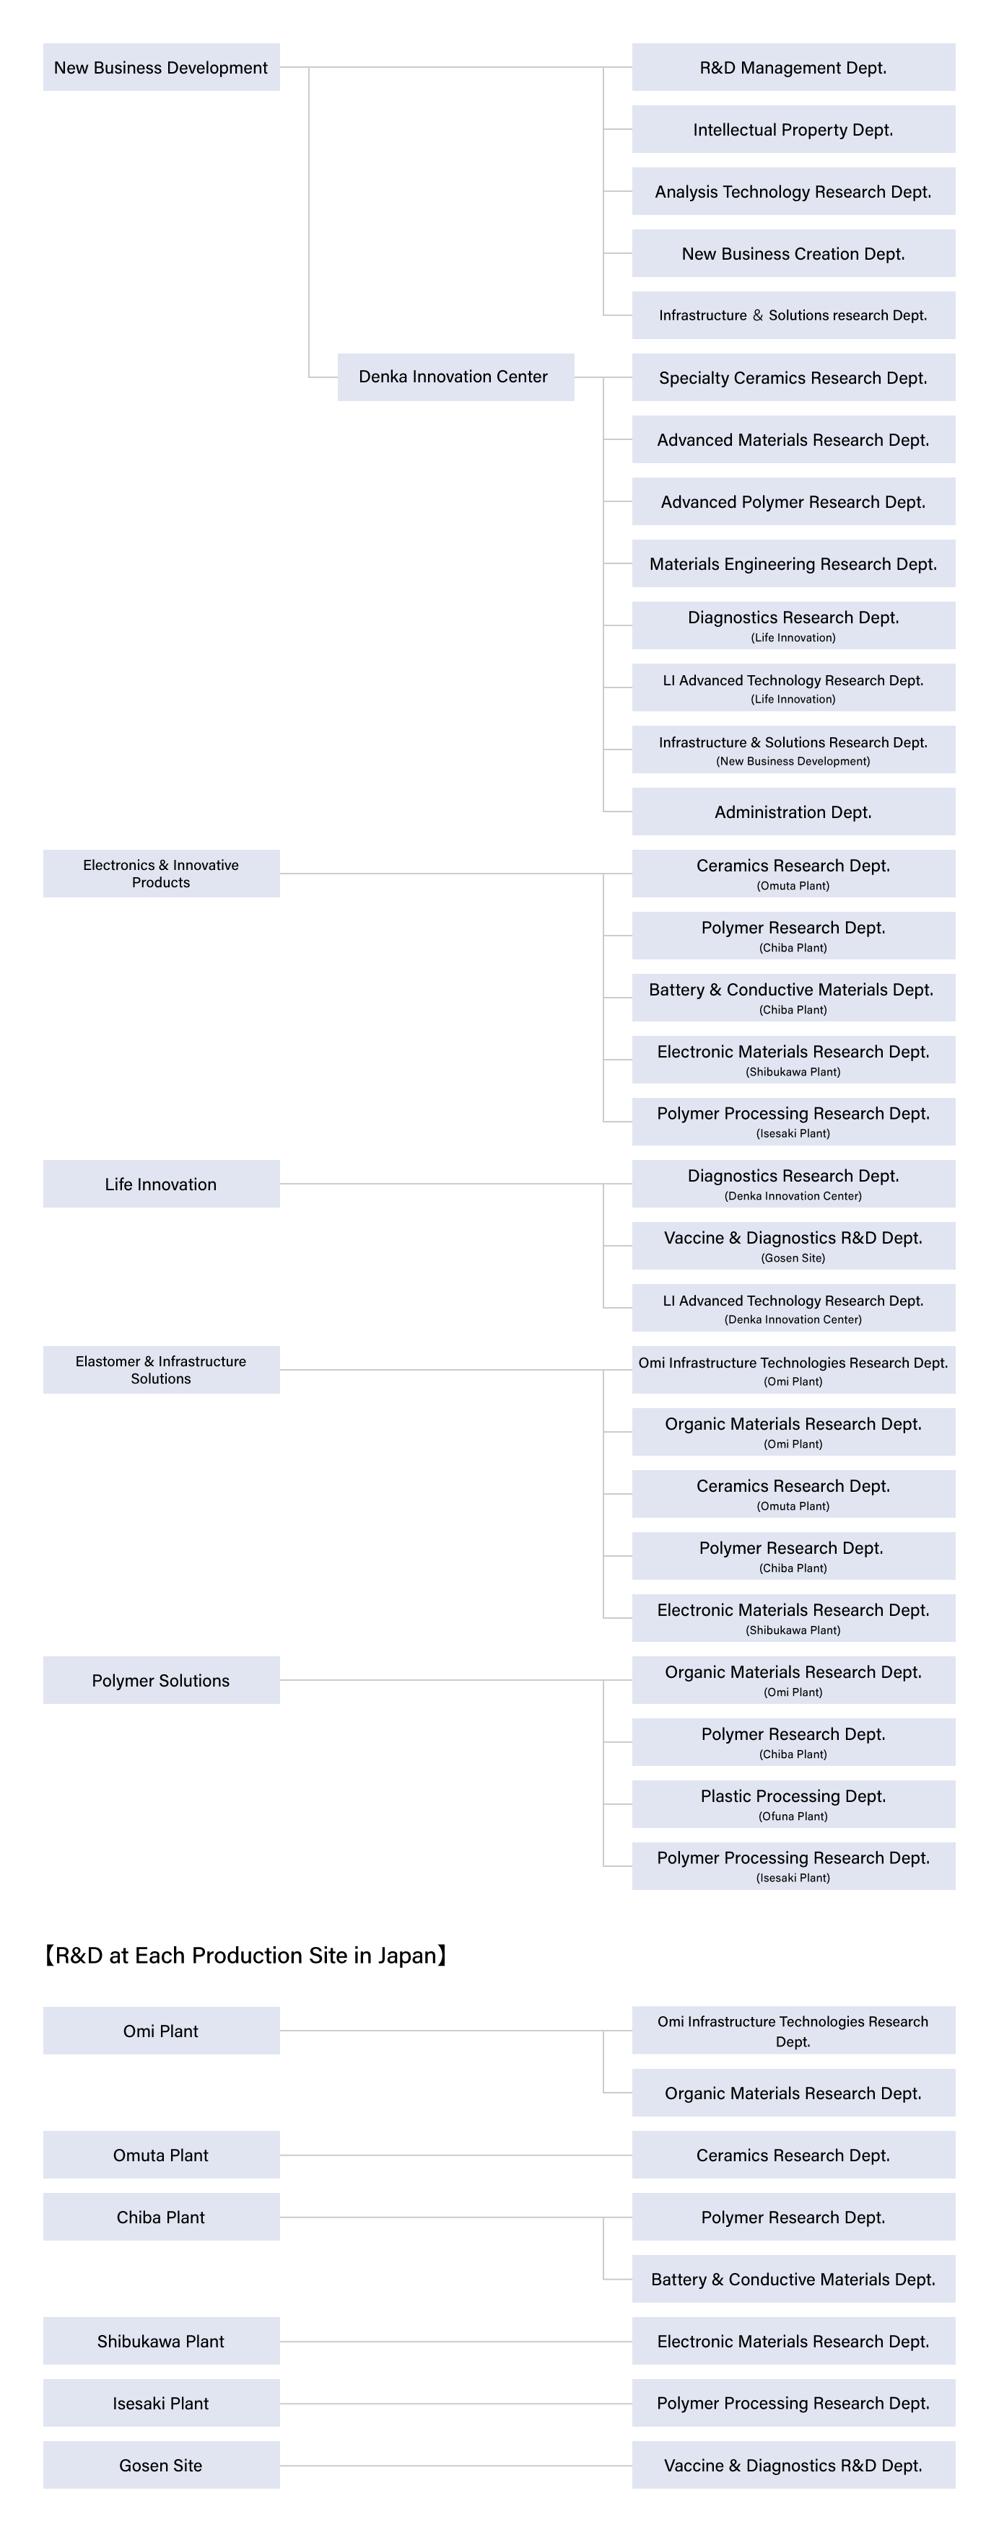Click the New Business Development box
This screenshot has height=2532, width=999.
tap(161, 67)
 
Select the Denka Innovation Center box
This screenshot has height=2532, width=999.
tap(455, 377)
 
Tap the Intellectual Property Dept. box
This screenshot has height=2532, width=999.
tap(793, 128)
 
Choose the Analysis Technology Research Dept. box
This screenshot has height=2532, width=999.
tap(793, 190)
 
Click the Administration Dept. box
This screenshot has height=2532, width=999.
tap(793, 811)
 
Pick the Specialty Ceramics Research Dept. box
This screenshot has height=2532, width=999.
tap(793, 377)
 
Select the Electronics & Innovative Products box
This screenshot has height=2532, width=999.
tap(161, 873)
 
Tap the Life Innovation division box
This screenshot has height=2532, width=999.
tap(161, 1184)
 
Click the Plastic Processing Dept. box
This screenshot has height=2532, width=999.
tap(793, 1803)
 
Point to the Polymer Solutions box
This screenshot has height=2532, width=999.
tap(161, 1680)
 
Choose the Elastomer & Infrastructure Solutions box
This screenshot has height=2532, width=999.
tap(161, 1369)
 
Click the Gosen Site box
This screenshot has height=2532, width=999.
tap(161, 2464)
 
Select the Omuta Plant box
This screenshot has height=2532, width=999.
tap(161, 2155)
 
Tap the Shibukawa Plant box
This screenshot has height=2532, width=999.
tap(161, 2340)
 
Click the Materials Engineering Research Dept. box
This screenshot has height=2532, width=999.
tap(793, 563)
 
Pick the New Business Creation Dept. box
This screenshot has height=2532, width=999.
tap(793, 252)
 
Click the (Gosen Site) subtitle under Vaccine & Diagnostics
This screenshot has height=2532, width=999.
tap(793, 1258)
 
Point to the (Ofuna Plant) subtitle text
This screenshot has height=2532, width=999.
tap(793, 1816)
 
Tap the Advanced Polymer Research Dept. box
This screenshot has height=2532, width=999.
tap(793, 501)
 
